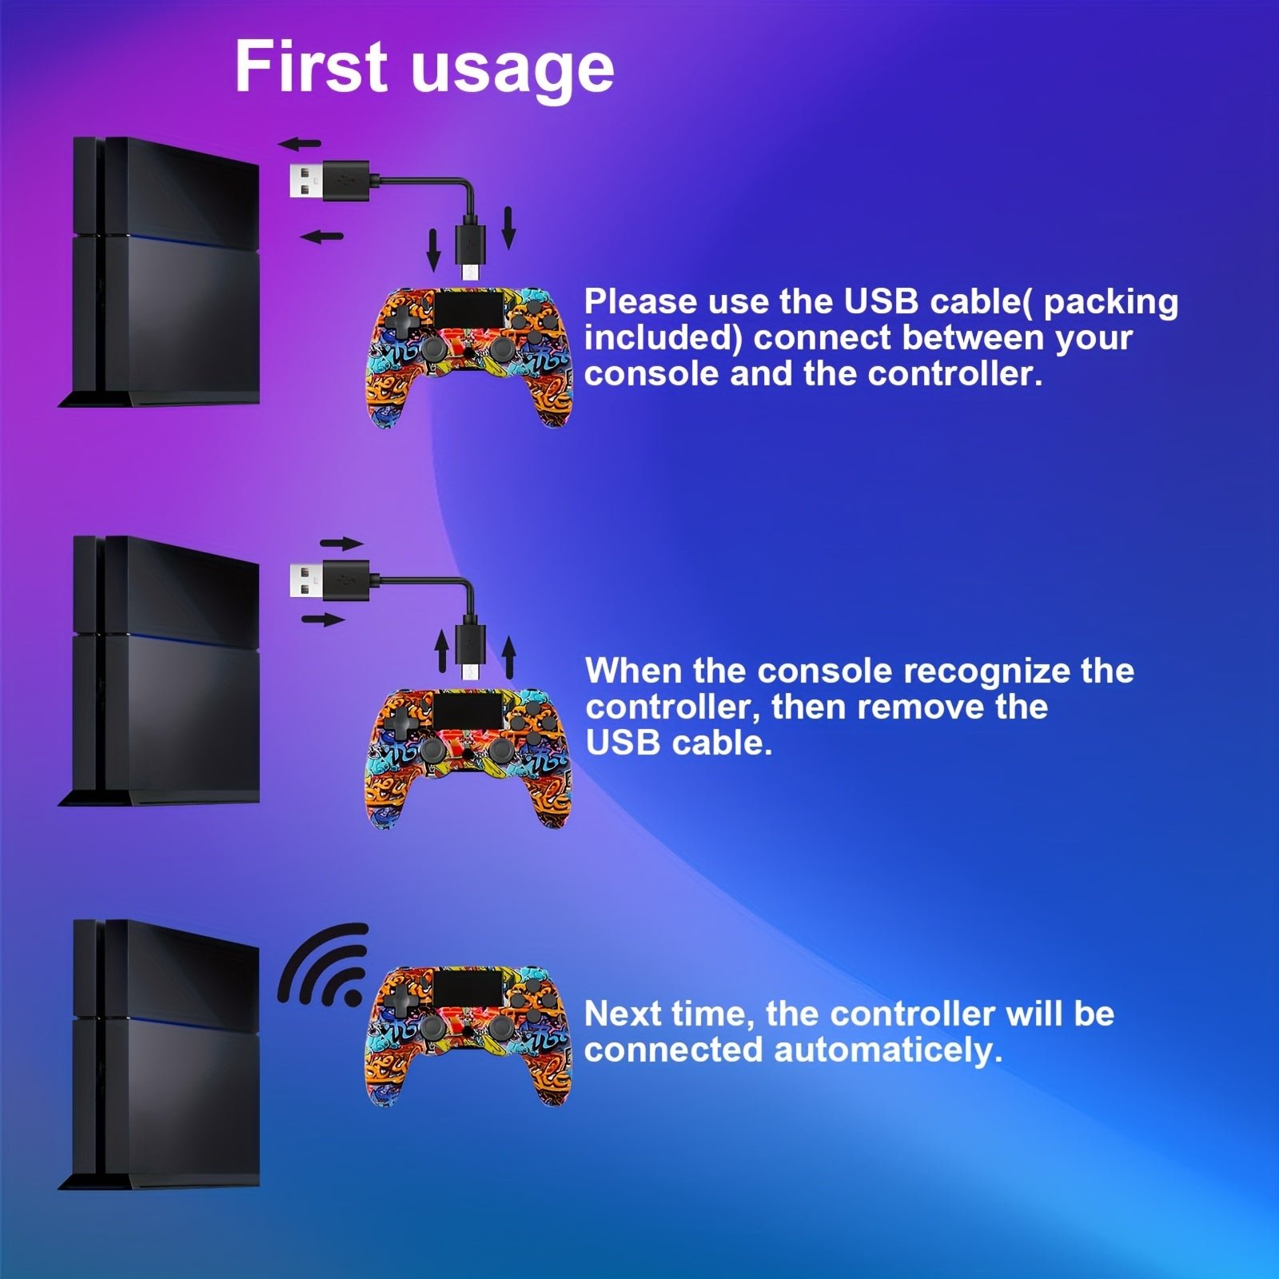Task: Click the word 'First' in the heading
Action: pyautogui.click(x=312, y=68)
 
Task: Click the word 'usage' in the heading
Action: pyautogui.click(x=512, y=70)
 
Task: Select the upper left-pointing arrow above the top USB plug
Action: pyautogui.click(x=299, y=145)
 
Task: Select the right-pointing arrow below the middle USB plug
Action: pyautogui.click(x=324, y=620)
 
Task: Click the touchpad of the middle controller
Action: pyautogui.click(x=468, y=707)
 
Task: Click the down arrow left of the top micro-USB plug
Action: pyautogui.click(x=433, y=249)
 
